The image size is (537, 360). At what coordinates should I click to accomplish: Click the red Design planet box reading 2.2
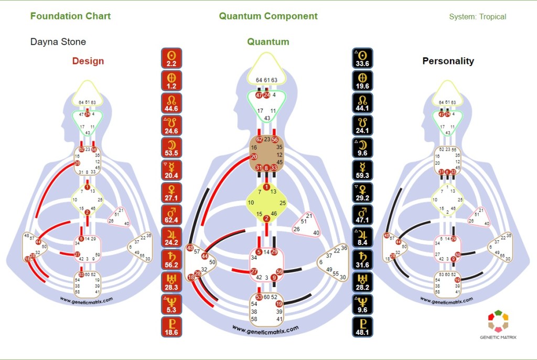(x=171, y=59)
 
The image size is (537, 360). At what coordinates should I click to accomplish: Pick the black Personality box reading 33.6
(x=363, y=59)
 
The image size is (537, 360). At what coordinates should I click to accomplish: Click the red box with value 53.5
(x=171, y=149)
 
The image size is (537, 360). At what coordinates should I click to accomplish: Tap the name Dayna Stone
(x=58, y=42)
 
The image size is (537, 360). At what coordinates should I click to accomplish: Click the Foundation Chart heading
(x=70, y=16)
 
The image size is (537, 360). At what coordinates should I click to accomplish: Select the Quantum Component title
(x=268, y=16)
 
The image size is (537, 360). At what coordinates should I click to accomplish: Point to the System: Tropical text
(x=477, y=17)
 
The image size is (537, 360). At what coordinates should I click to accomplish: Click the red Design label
(x=88, y=61)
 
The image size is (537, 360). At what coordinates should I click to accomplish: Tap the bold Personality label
(x=448, y=61)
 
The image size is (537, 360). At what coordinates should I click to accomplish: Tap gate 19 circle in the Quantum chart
(x=279, y=303)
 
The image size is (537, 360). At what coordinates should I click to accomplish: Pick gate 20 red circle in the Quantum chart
(x=254, y=156)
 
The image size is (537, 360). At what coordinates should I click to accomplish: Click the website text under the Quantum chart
(x=265, y=329)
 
